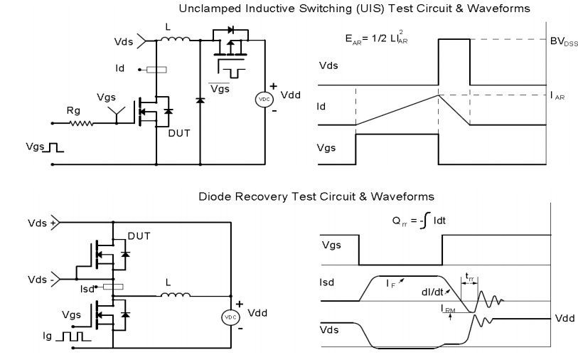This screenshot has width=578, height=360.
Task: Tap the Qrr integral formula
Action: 426,221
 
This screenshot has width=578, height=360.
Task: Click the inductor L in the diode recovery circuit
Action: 174,293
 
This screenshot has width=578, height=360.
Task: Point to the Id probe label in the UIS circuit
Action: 120,70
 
